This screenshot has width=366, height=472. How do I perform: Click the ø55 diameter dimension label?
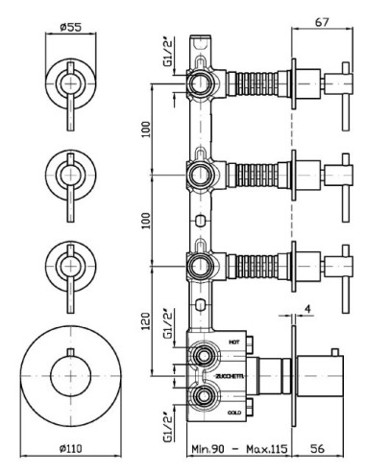(x=71, y=27)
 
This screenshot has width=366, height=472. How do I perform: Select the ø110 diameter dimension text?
(x=71, y=449)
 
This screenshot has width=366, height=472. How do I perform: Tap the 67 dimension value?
(x=322, y=22)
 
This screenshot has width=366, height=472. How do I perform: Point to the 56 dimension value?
(x=317, y=449)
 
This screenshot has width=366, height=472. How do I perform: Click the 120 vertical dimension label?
(x=146, y=320)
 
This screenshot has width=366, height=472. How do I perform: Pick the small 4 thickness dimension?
(x=307, y=309)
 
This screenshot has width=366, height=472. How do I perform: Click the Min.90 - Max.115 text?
(x=239, y=449)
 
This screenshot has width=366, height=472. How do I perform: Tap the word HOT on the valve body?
(x=234, y=342)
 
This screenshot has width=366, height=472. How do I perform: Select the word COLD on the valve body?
(x=234, y=413)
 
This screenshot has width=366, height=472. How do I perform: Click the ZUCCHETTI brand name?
(x=230, y=376)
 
